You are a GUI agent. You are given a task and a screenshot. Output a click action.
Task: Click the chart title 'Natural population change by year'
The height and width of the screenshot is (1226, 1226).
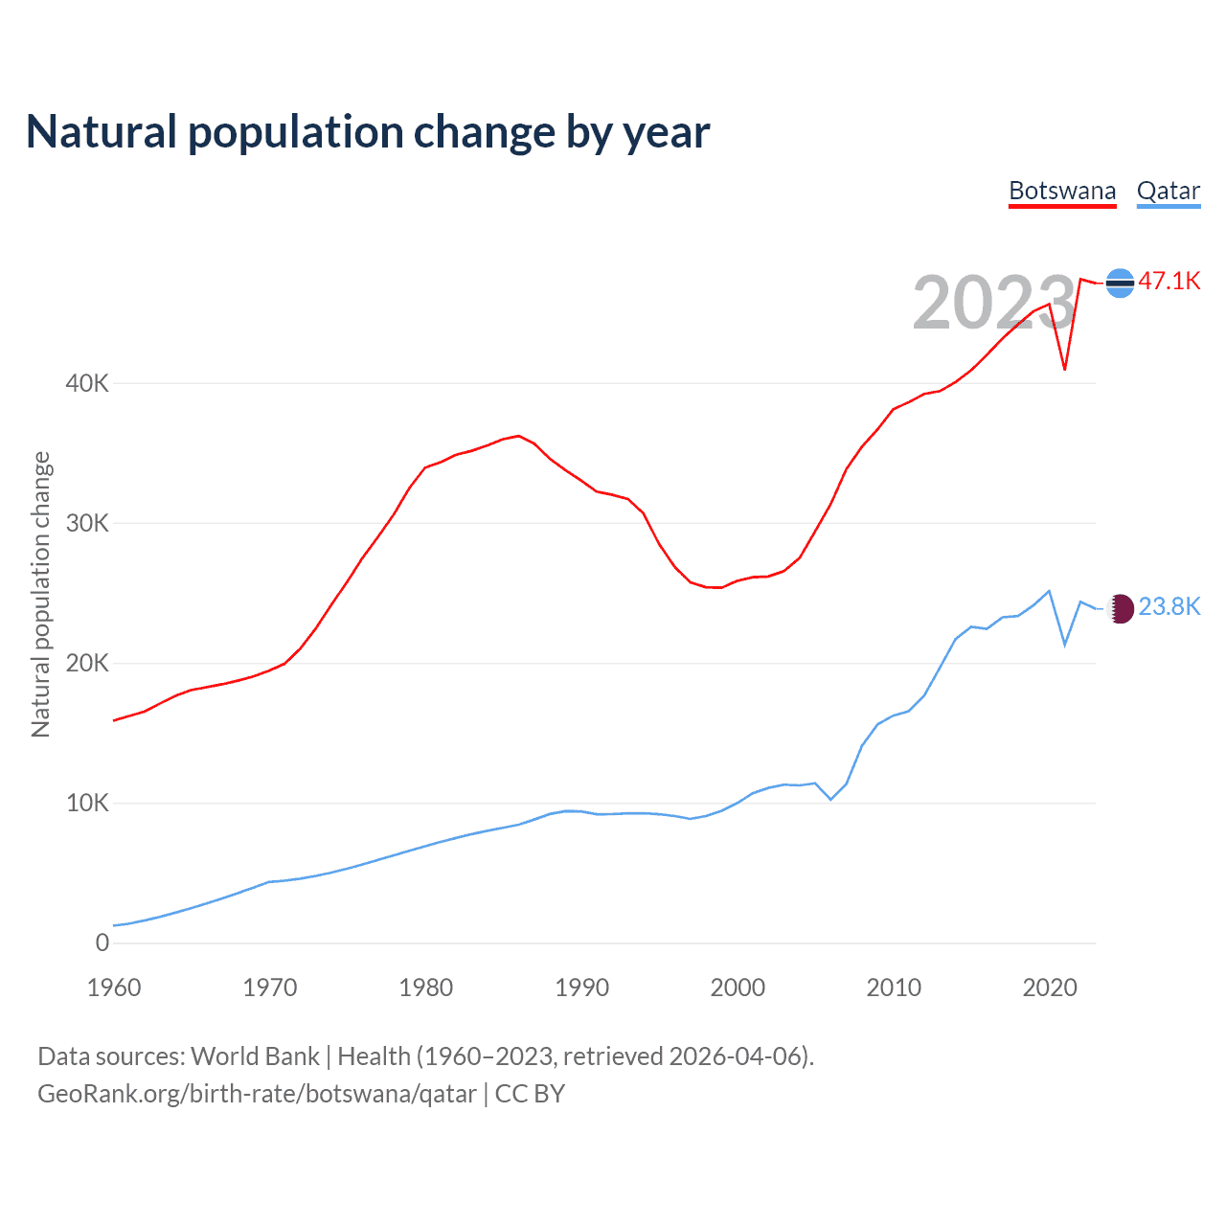click(x=368, y=132)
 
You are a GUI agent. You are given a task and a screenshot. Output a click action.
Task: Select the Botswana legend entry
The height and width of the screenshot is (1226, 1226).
click(x=1062, y=191)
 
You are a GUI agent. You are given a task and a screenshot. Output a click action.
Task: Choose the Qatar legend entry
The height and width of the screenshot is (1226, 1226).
click(x=1168, y=191)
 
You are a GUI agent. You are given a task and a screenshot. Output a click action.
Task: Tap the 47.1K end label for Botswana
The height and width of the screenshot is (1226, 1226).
click(x=1169, y=281)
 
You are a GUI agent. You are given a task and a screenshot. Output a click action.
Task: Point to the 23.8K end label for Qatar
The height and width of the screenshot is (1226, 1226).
click(x=1169, y=606)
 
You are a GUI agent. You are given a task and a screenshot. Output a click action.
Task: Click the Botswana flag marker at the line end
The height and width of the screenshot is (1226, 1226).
click(x=1120, y=283)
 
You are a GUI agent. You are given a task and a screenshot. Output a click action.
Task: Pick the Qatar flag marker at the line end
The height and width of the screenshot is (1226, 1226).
click(x=1121, y=607)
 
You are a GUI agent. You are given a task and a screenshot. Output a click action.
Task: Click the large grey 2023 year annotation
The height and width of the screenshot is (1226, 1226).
click(x=993, y=303)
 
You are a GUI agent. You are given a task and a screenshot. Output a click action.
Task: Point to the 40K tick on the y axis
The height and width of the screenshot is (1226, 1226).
click(x=87, y=383)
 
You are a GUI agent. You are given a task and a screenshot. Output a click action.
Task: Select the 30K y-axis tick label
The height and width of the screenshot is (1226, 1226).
click(x=87, y=523)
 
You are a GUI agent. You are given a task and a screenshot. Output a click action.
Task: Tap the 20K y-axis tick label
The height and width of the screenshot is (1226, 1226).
click(x=87, y=663)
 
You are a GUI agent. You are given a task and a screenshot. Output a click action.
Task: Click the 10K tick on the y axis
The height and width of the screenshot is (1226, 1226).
click(x=87, y=803)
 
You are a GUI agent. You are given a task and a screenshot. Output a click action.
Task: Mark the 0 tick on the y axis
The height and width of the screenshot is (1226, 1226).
click(x=102, y=942)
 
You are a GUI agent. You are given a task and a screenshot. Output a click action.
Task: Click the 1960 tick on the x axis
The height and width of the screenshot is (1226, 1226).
click(x=114, y=988)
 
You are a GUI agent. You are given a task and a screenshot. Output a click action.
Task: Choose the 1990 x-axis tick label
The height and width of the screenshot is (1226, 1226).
click(x=581, y=988)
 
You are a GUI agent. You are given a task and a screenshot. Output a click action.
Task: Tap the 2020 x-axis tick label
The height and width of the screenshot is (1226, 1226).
click(x=1050, y=988)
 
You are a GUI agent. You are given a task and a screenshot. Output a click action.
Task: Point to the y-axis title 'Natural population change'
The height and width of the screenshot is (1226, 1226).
click(x=41, y=595)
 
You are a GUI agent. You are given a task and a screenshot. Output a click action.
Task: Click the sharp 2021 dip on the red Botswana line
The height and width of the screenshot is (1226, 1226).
click(x=1065, y=369)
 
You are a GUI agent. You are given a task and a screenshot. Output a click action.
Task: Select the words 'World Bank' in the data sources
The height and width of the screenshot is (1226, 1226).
click(x=255, y=1056)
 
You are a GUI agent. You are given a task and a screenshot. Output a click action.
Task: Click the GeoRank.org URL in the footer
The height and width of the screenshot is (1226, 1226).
click(x=257, y=1094)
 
